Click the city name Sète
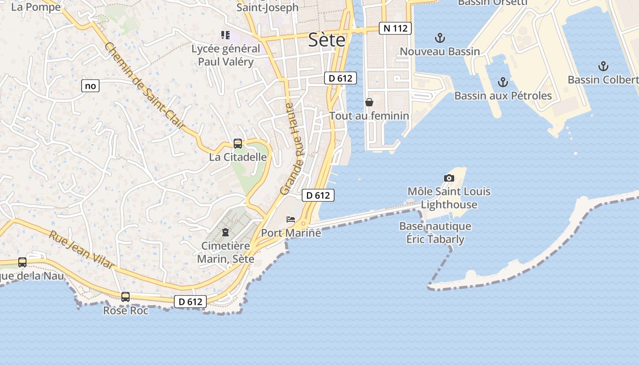(327, 40)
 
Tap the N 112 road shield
(395, 28)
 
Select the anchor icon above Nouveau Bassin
(440, 38)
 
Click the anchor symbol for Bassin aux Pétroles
(503, 82)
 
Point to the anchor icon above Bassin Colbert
(603, 66)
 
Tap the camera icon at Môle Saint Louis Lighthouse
(449, 178)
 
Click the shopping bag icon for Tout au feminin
(369, 102)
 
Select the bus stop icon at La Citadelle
(238, 144)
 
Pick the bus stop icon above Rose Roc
(126, 297)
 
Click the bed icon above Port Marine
(291, 219)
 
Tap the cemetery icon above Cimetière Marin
(225, 232)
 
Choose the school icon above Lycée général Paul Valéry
(225, 35)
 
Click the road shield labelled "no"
(90, 85)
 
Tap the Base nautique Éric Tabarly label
(435, 233)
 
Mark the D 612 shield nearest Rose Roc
(190, 302)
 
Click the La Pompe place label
(36, 7)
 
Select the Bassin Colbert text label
(602, 80)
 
